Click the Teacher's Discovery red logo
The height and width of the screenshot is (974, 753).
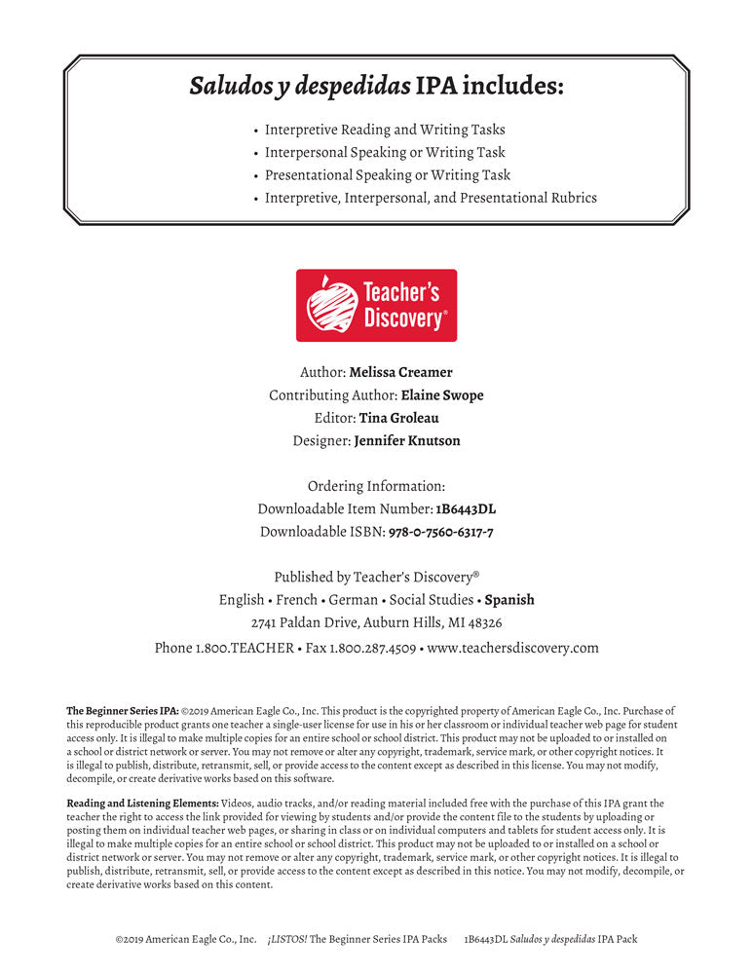[376, 305]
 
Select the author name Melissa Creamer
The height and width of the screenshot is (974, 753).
[401, 372]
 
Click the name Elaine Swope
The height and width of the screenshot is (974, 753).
[442, 395]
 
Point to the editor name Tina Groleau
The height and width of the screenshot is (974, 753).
[399, 418]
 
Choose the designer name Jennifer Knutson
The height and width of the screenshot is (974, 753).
[407, 440]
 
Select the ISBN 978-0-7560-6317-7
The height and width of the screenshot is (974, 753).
[440, 532]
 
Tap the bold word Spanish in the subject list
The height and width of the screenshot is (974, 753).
[509, 600]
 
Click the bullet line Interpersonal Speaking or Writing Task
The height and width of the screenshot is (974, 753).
[385, 152]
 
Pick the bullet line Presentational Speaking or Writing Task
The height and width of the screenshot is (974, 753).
[388, 175]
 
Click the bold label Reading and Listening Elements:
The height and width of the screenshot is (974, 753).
[142, 803]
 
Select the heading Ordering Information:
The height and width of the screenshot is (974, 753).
[376, 486]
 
